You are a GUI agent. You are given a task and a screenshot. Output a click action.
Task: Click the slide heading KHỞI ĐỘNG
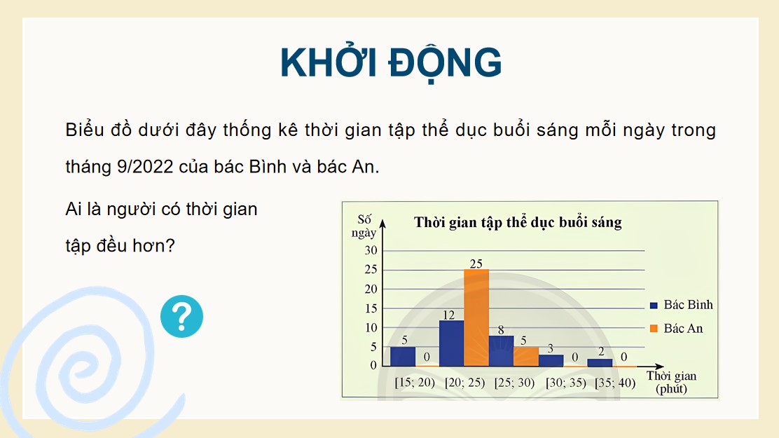390,63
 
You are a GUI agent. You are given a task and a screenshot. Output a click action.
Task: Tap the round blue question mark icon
181,317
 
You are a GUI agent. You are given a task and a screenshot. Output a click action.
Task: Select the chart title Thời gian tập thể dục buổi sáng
518,223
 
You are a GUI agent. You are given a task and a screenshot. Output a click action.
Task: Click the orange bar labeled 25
476,318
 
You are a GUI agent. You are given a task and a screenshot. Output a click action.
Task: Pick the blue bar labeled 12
451,343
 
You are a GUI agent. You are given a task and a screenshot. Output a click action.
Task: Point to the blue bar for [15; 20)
402,356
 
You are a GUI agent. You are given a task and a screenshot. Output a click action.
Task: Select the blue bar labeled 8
501,350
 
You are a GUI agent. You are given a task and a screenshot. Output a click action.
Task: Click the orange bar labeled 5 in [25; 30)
525,356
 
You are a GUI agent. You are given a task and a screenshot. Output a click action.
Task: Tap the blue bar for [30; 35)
551,360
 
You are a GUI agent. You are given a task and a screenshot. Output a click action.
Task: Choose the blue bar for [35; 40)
600,362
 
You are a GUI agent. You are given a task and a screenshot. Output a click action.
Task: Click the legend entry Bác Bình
681,305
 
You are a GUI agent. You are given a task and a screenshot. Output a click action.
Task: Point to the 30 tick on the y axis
370,251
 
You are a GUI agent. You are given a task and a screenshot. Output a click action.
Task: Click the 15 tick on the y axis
370,308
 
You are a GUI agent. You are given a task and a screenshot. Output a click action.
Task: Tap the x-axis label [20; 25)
464,383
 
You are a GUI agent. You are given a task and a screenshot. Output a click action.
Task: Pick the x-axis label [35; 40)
614,383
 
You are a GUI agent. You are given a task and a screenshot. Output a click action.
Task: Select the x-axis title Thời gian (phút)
671,382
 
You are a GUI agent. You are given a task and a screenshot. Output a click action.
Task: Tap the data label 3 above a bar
551,348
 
